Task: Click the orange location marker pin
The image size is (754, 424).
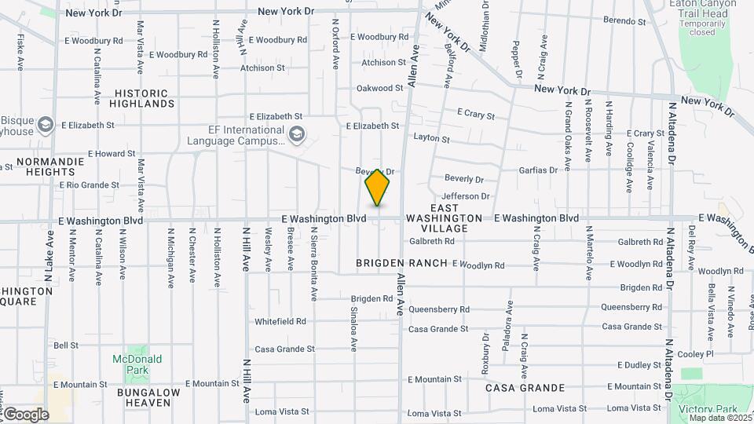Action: click(x=377, y=188)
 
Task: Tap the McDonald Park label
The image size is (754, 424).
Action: click(x=137, y=364)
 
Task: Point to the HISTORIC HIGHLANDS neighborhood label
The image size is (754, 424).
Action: click(x=141, y=98)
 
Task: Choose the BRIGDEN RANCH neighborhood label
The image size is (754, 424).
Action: click(x=401, y=262)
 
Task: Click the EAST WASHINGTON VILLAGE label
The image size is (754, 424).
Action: click(x=444, y=223)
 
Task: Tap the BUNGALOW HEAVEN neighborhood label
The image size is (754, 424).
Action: click(x=148, y=397)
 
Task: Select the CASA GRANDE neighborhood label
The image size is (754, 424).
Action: click(x=525, y=388)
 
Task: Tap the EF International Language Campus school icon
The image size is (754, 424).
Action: click(x=295, y=135)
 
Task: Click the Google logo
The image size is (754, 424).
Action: click(x=25, y=414)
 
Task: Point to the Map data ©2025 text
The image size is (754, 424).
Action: click(x=720, y=418)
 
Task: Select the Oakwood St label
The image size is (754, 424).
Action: click(x=379, y=89)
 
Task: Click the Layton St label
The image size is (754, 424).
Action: click(x=431, y=139)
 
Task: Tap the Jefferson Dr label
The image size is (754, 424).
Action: click(x=466, y=196)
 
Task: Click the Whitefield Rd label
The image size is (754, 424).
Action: click(x=280, y=322)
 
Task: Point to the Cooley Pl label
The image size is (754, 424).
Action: click(x=694, y=354)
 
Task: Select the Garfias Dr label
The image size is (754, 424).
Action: click(x=538, y=170)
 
